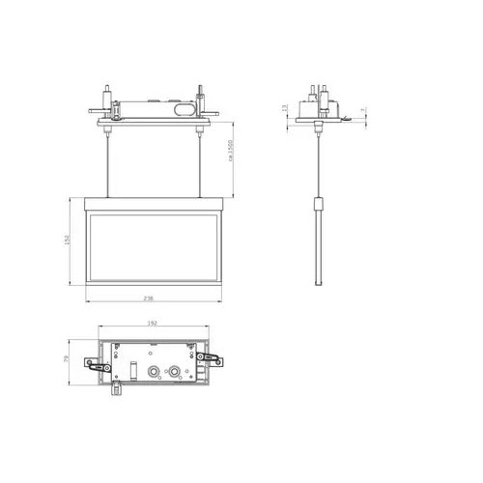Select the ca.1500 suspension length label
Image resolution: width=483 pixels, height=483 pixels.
coord(230,154)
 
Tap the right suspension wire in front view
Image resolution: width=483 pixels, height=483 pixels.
coord(200,164)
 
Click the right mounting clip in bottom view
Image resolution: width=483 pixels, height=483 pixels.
coord(211,358)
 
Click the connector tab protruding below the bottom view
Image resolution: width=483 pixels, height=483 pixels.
coord(116,388)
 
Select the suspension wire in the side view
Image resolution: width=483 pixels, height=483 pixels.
coord(321,164)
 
